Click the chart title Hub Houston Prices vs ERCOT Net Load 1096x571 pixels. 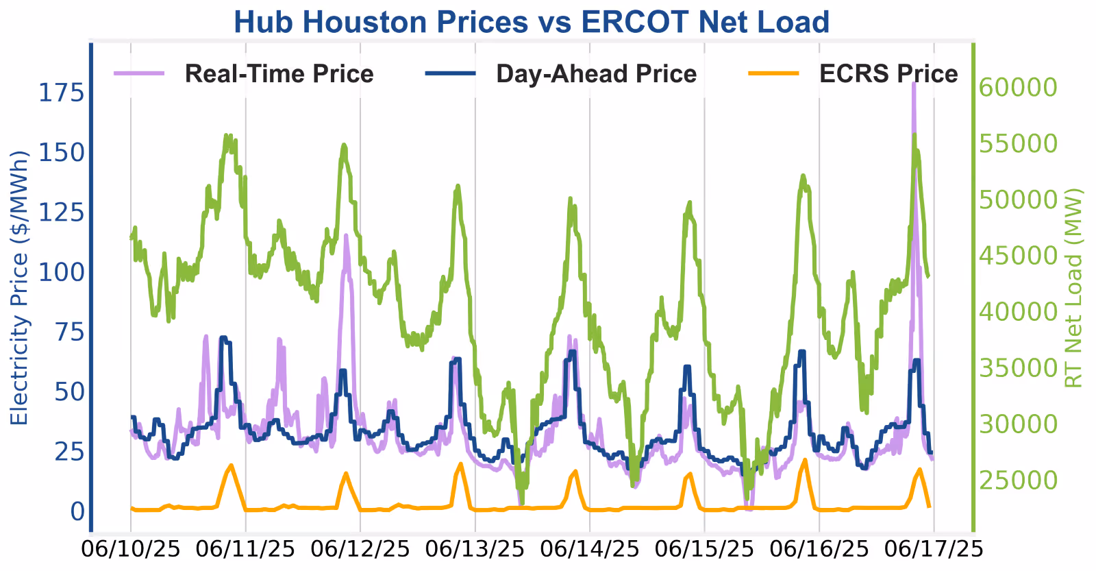click(x=532, y=21)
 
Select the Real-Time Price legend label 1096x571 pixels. click(x=279, y=74)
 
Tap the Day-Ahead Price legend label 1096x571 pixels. click(x=597, y=74)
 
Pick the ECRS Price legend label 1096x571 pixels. click(x=888, y=74)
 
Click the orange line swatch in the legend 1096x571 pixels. click(x=774, y=73)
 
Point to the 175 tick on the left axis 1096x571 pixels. click(x=62, y=93)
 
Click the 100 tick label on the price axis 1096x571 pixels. click(x=62, y=272)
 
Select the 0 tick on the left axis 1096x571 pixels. click(x=78, y=512)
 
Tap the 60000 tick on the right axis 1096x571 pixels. click(x=1018, y=88)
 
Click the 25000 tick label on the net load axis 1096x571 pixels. click(x=1018, y=481)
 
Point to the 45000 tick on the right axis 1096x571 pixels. click(x=1018, y=256)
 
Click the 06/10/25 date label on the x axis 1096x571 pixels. click(x=131, y=549)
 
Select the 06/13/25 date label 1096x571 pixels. click(x=475, y=549)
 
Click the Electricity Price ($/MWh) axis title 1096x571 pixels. click(x=20, y=288)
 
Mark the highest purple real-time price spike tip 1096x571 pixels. click(x=914, y=84)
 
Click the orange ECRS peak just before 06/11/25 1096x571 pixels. click(x=231, y=465)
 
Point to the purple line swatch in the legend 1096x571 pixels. click(x=139, y=73)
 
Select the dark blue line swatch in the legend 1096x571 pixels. click(x=451, y=73)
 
